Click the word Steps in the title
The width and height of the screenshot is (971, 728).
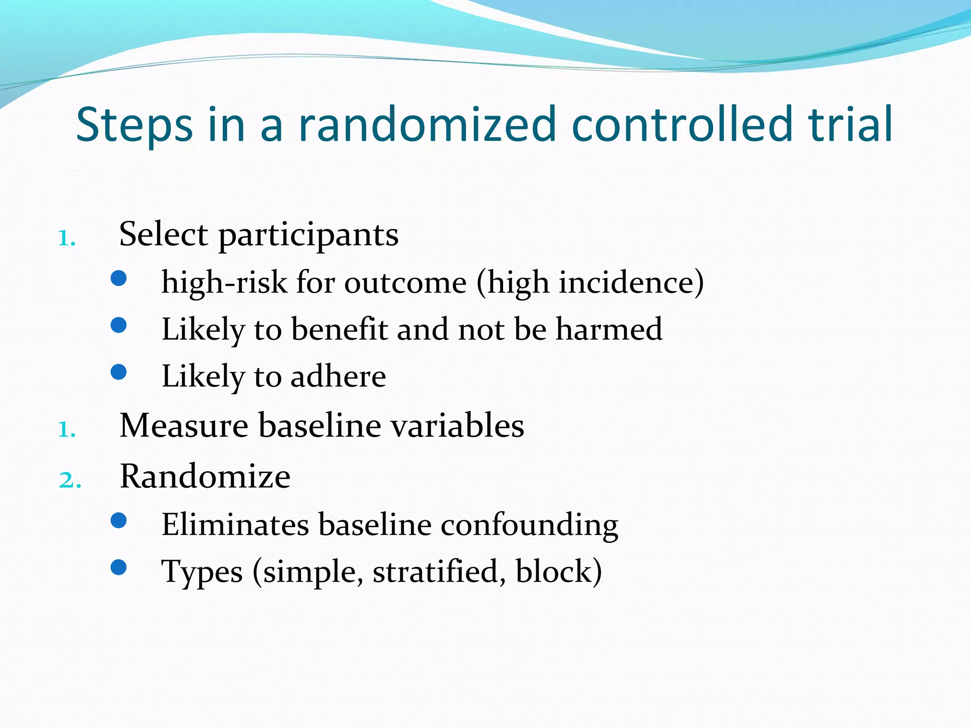(x=134, y=125)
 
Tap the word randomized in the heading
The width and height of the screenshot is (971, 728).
(x=427, y=125)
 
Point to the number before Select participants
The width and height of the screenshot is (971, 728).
(x=66, y=238)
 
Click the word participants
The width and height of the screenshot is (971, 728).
(x=308, y=235)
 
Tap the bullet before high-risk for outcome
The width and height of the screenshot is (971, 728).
(x=119, y=278)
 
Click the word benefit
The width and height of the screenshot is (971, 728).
(x=339, y=329)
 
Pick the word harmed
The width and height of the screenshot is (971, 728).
(x=609, y=329)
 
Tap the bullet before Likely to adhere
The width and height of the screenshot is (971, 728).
(x=119, y=372)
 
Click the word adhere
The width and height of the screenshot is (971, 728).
(x=338, y=377)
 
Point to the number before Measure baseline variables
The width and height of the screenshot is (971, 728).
(x=66, y=429)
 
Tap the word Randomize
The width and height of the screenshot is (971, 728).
(x=205, y=476)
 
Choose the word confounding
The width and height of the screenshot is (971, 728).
(x=529, y=525)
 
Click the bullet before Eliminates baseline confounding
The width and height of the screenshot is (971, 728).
(x=119, y=521)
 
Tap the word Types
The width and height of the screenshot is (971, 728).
(x=202, y=572)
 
